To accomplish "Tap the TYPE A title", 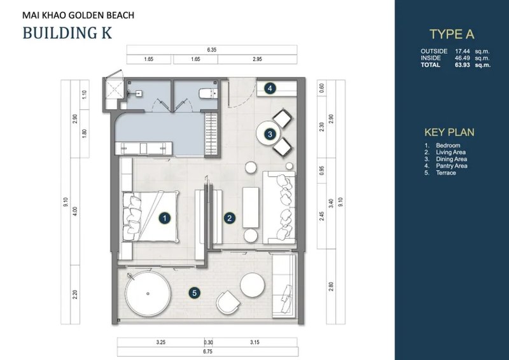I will tap(452, 35).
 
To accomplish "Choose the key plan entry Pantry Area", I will tap(452, 166).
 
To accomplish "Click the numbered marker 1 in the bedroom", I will tap(164, 218).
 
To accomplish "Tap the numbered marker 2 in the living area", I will tap(229, 218).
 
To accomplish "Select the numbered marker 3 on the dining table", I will tap(270, 134).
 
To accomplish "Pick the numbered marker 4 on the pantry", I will tap(270, 88).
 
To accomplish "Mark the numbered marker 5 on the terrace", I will tap(195, 293).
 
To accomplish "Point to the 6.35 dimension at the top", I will tap(213, 49).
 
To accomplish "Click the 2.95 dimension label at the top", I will tap(257, 59).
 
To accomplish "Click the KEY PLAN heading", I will tap(449, 132).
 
